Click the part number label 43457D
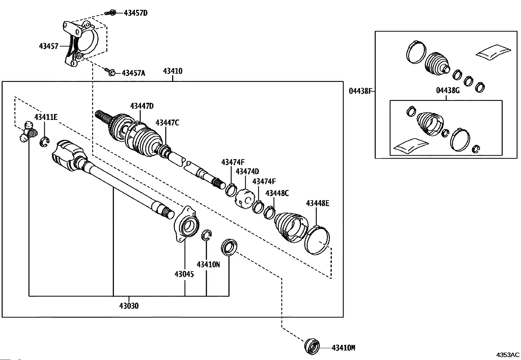tap(135, 13)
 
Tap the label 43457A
tap(134, 73)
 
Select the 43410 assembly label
tap(172, 71)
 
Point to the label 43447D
tap(142, 106)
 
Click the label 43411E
tap(46, 117)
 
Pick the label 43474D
tap(247, 172)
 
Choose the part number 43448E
tap(317, 203)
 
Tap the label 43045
tap(184, 274)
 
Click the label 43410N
tap(208, 265)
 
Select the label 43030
tap(129, 306)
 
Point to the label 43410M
tap(344, 348)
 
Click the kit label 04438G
tap(448, 90)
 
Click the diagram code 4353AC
tap(508, 355)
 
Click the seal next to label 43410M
tap(312, 347)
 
